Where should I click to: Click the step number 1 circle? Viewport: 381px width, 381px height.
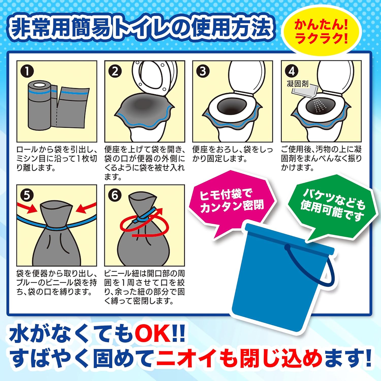[x=27, y=71]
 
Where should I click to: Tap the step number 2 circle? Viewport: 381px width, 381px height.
[x=115, y=71]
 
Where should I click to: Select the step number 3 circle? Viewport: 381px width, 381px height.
[x=203, y=71]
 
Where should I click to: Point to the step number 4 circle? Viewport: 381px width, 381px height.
[x=292, y=71]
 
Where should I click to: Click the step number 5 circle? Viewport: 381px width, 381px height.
[x=27, y=195]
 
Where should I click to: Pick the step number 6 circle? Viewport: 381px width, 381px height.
[x=115, y=195]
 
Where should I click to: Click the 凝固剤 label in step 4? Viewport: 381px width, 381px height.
[x=297, y=84]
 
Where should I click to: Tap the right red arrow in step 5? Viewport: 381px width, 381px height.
[x=86, y=208]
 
